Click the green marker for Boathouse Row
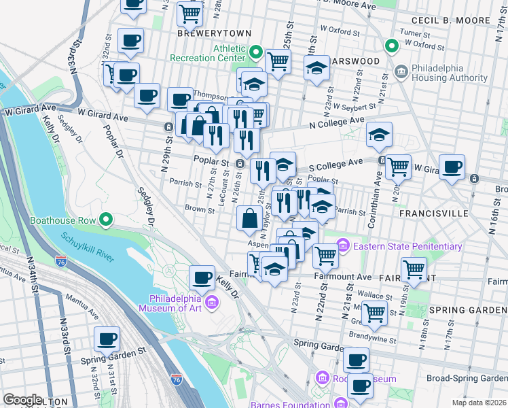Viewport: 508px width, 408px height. [105, 220]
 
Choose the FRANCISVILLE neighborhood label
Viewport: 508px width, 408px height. [434, 213]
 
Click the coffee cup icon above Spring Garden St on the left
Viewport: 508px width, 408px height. [107, 339]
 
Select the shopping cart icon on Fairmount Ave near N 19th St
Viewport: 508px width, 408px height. [414, 269]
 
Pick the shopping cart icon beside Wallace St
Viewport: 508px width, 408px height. [374, 313]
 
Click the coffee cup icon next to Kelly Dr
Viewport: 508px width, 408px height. [202, 277]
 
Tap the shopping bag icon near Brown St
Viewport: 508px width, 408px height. [249, 218]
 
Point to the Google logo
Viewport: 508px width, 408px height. [22, 400]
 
